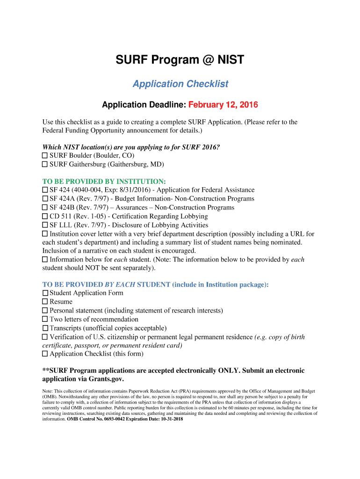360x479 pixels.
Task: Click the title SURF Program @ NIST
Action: pos(180,60)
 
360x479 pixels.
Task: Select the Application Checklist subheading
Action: pos(180,84)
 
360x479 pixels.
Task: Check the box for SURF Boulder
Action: pos(45,155)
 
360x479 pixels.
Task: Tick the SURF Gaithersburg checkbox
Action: pos(45,164)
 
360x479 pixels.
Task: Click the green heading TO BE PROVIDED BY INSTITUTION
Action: pos(104,181)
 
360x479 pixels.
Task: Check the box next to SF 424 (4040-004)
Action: pos(45,190)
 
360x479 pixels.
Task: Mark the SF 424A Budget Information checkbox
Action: pos(45,199)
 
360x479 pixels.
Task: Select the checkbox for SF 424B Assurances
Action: pos(45,207)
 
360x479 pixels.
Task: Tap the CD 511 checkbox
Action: pos(45,216)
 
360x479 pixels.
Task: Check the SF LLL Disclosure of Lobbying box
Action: pos(45,225)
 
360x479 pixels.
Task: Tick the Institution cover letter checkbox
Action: pos(45,233)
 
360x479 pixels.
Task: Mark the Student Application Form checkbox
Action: pos(45,293)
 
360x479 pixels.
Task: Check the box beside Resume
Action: pos(45,302)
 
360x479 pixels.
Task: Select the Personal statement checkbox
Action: pos(45,310)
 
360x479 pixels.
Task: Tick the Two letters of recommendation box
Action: pos(45,319)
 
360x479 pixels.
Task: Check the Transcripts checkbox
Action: pos(45,328)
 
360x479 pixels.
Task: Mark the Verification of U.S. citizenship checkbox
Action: pos(45,337)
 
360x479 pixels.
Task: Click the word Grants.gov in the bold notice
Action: pos(107,379)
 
